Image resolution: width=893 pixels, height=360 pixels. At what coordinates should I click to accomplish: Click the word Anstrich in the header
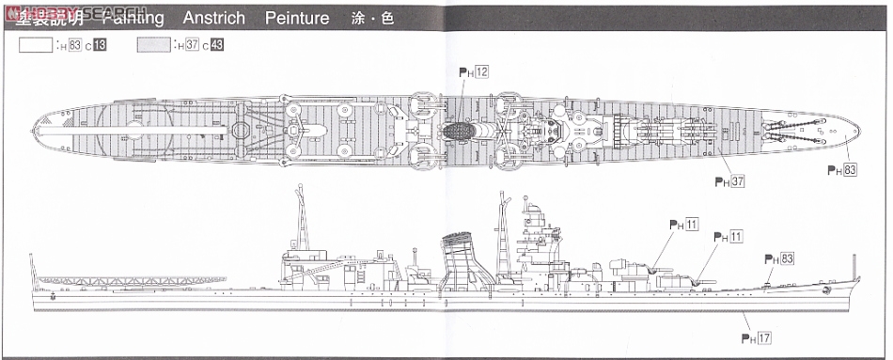pyautogui.click(x=213, y=18)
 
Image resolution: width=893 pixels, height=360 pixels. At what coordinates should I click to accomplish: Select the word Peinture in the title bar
pyautogui.click(x=297, y=18)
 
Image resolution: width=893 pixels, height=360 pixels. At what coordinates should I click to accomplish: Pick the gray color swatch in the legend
pyautogui.click(x=155, y=44)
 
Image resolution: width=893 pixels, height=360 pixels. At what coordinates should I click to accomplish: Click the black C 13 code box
pyautogui.click(x=99, y=44)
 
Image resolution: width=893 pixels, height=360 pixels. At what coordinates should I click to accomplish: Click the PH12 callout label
pyautogui.click(x=474, y=71)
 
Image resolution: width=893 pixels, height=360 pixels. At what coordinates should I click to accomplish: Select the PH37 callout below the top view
pyautogui.click(x=729, y=181)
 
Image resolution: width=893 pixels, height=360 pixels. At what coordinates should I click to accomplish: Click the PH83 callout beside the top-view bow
pyautogui.click(x=842, y=170)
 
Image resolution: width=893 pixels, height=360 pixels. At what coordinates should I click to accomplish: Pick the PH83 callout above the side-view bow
pyautogui.click(x=779, y=258)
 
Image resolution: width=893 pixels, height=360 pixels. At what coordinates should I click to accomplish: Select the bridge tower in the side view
pyautogui.click(x=534, y=235)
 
